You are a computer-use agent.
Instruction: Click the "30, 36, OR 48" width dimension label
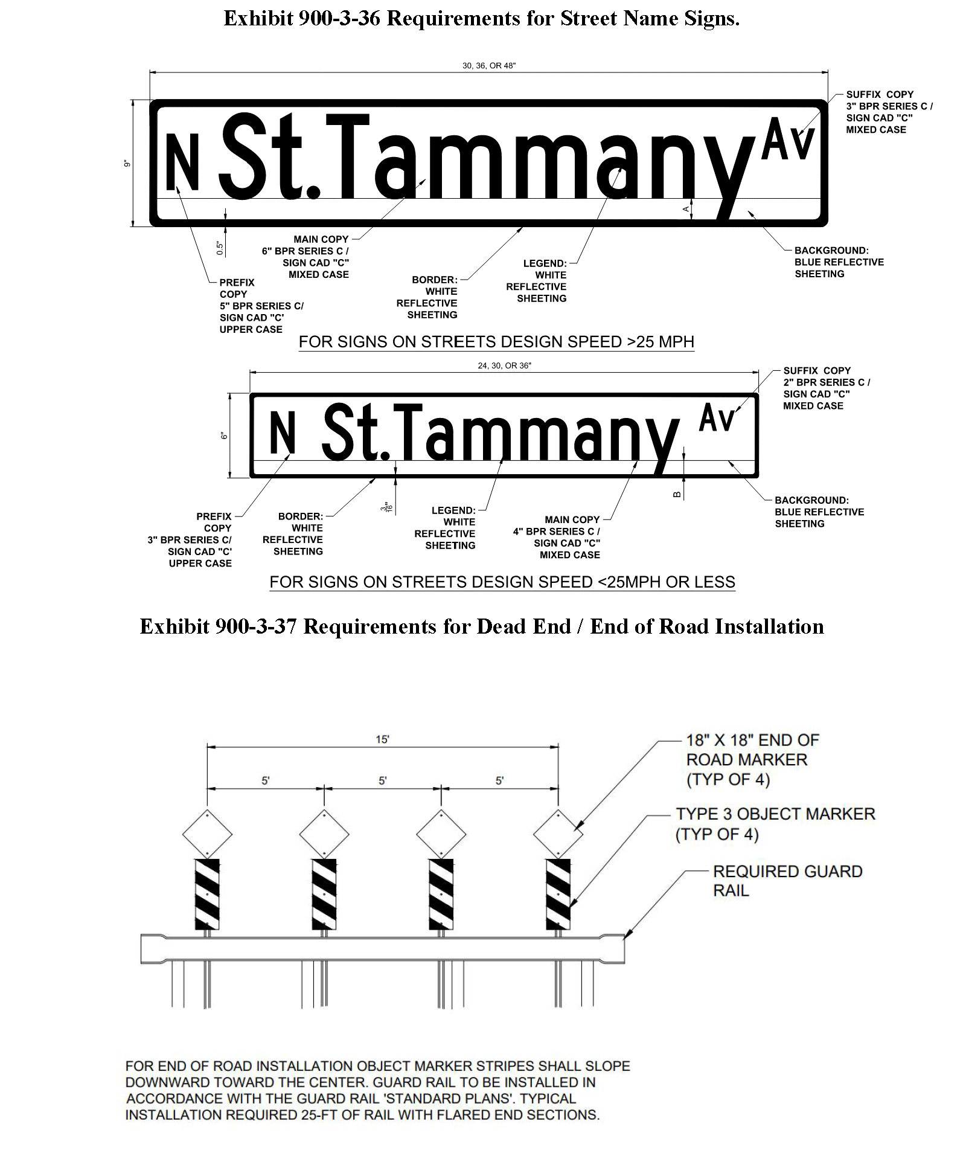489,66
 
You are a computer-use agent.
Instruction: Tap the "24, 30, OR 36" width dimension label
505,365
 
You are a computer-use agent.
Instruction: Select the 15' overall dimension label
383,739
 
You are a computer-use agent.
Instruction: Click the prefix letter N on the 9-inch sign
182,162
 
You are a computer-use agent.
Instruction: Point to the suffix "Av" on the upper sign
788,140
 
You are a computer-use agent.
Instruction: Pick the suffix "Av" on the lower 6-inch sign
717,418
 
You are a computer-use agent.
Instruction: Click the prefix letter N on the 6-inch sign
283,432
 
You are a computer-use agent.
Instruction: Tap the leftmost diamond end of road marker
207,834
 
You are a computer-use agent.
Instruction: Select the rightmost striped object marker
558,895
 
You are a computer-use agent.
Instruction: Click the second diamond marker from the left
324,834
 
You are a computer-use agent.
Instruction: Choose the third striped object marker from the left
441,895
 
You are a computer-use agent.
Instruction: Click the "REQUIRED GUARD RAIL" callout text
787,881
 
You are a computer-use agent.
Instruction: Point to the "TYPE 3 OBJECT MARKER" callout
775,824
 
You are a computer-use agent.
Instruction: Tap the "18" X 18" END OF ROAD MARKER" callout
752,759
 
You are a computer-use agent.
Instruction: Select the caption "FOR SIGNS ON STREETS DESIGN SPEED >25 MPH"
496,342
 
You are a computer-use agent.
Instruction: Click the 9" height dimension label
127,164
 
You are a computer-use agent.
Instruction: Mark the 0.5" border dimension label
220,247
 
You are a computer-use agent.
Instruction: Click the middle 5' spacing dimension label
383,780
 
